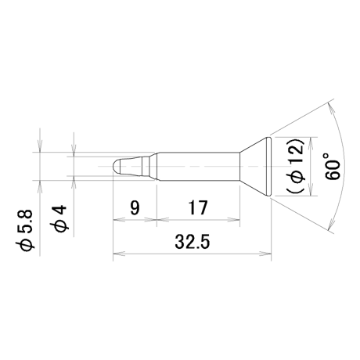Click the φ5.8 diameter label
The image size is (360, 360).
(x=27, y=230)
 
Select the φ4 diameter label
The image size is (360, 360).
(x=60, y=218)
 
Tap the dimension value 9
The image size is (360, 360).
(x=135, y=207)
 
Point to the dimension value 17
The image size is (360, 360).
(x=198, y=207)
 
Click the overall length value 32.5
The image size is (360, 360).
(x=193, y=242)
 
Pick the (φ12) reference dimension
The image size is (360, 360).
(x=296, y=166)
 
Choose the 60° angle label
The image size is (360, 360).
(x=333, y=166)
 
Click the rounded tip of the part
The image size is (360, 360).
(x=116, y=166)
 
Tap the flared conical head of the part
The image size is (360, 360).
(x=255, y=166)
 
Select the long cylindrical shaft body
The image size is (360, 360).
(x=198, y=166)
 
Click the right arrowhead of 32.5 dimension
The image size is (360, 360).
(x=266, y=253)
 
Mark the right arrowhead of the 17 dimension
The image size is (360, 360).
(x=234, y=220)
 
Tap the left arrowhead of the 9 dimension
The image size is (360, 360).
(x=118, y=220)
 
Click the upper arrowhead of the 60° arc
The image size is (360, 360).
(x=331, y=109)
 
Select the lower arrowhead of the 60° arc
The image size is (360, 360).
(x=331, y=224)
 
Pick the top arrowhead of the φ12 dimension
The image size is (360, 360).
(x=311, y=142)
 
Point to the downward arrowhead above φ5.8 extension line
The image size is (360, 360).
(x=40, y=146)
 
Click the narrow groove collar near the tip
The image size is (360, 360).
(x=146, y=166)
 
